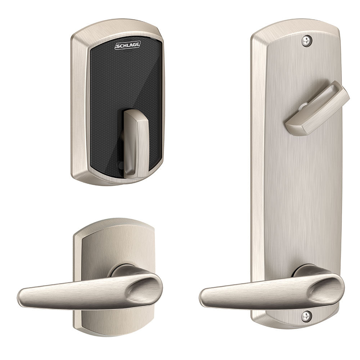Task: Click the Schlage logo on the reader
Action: pos(127,46)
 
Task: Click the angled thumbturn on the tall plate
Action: pos(317,108)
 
